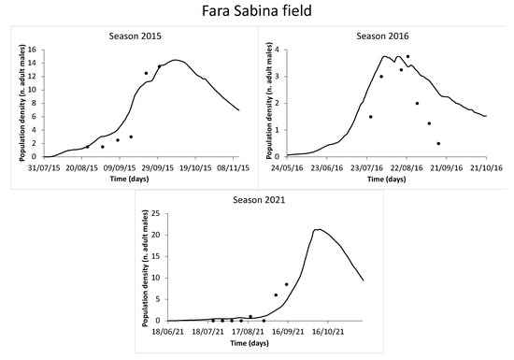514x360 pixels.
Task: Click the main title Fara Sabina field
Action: point(257,13)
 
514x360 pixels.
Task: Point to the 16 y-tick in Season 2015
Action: point(33,50)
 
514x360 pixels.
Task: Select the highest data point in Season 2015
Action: point(160,66)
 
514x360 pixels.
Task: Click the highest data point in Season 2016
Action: point(407,56)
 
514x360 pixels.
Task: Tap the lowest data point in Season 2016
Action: point(438,143)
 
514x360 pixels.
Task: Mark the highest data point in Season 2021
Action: point(286,284)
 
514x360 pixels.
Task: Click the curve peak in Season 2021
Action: point(319,229)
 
